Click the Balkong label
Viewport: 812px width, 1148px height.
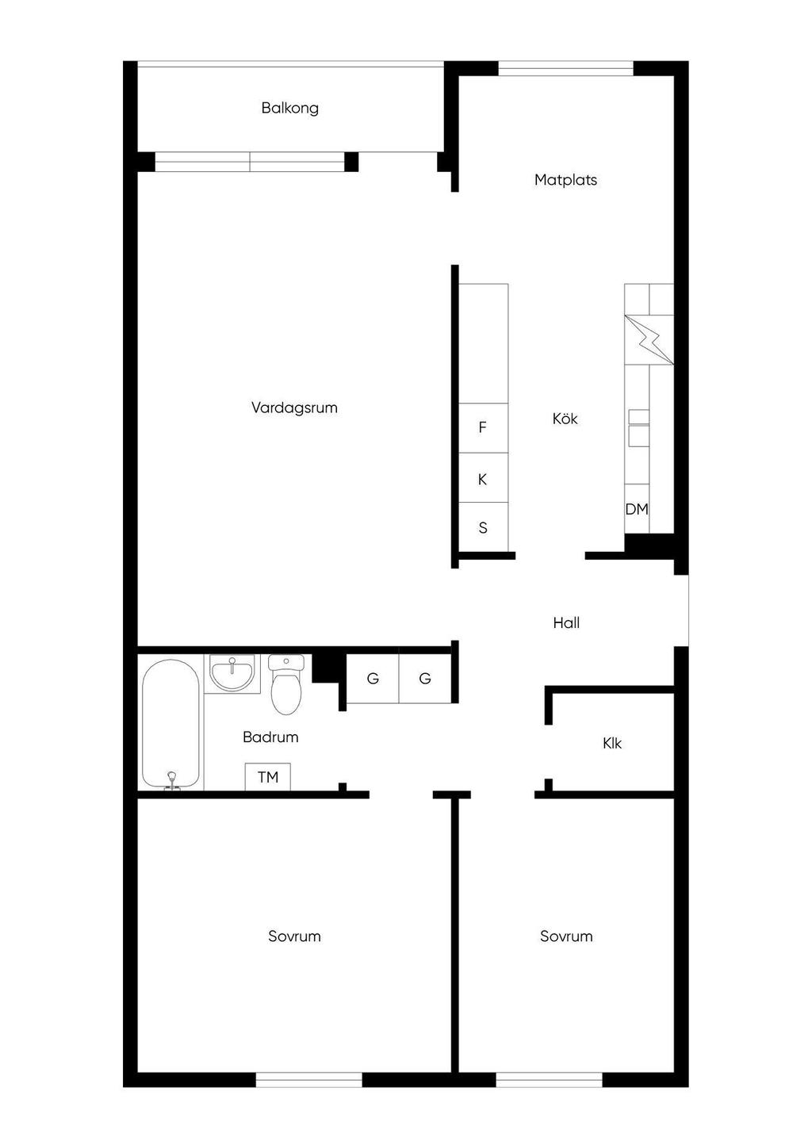click(x=289, y=108)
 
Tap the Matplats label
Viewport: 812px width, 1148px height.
click(x=565, y=180)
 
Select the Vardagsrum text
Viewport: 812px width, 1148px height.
click(x=294, y=408)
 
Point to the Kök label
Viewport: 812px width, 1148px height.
click(x=565, y=419)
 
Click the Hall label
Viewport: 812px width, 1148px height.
click(x=566, y=622)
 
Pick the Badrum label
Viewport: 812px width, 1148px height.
click(x=270, y=737)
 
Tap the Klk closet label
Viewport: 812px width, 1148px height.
click(x=612, y=743)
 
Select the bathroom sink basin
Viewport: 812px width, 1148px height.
click(x=232, y=673)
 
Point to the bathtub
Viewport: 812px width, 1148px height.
click(x=170, y=724)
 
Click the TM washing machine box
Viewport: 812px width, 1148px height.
click(x=267, y=777)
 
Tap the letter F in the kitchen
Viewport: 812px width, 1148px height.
click(x=482, y=427)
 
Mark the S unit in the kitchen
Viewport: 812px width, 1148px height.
click(x=483, y=527)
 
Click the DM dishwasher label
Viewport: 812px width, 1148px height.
click(x=637, y=509)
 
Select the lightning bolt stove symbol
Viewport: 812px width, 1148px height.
click(x=649, y=340)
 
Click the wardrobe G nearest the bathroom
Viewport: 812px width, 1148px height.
click(x=373, y=679)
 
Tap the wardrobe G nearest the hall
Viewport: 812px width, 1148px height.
click(x=425, y=679)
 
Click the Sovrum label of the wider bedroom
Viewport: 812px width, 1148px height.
click(x=294, y=936)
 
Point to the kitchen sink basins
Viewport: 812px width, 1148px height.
click(x=638, y=428)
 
